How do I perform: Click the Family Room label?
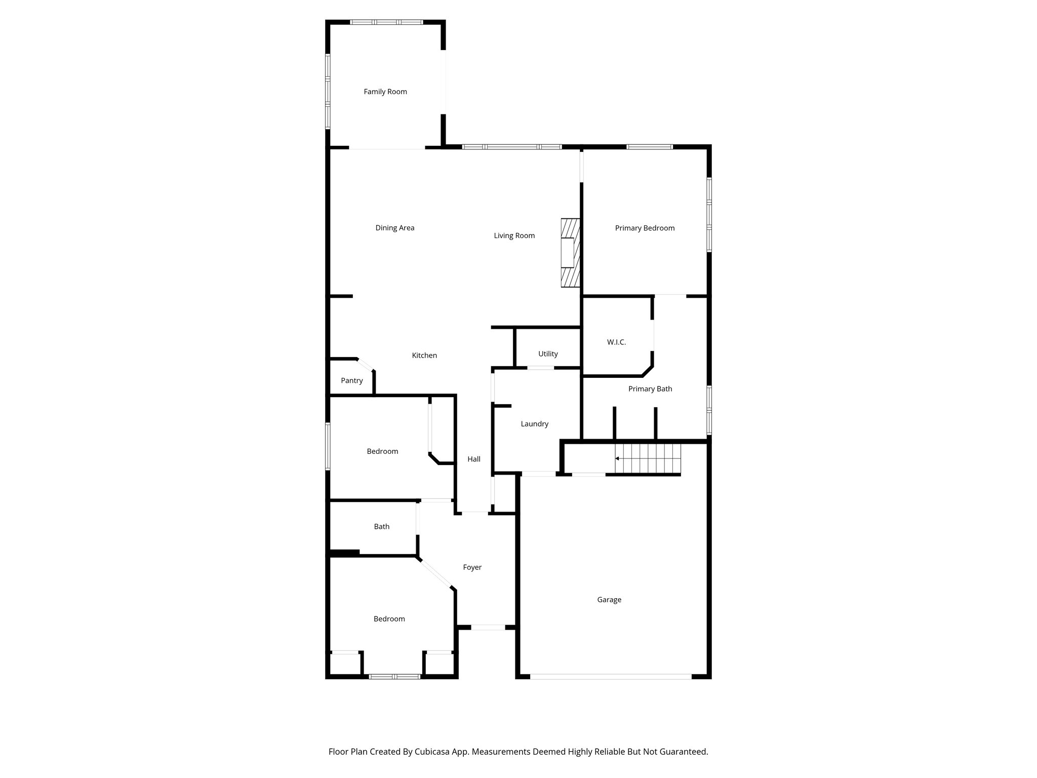[385, 92]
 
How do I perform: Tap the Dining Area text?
[394, 228]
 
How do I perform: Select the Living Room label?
[514, 236]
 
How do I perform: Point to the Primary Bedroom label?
[645, 228]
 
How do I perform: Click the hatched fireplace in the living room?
[570, 253]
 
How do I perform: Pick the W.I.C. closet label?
[616, 342]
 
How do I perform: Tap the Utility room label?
[548, 354]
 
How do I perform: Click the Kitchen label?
[424, 356]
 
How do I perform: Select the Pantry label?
[351, 381]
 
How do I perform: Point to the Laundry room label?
[534, 424]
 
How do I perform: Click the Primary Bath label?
[650, 389]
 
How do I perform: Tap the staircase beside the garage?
[648, 459]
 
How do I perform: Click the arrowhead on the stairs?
[617, 458]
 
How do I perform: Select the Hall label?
[474, 459]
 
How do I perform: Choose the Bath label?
[382, 527]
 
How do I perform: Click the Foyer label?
[472, 567]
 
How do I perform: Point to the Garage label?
[609, 600]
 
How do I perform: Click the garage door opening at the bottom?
[610, 676]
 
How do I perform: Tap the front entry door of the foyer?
[488, 628]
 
